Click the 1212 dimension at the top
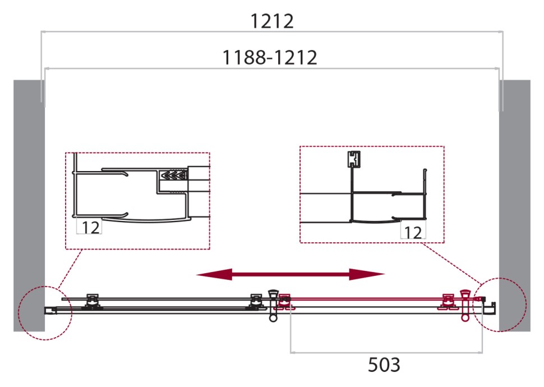(271, 21)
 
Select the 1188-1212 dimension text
(270, 57)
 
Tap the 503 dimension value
(384, 365)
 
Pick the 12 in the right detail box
(413, 232)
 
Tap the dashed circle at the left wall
(44, 313)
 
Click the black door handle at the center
(274, 305)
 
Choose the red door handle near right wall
(464, 305)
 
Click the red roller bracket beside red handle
(448, 302)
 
